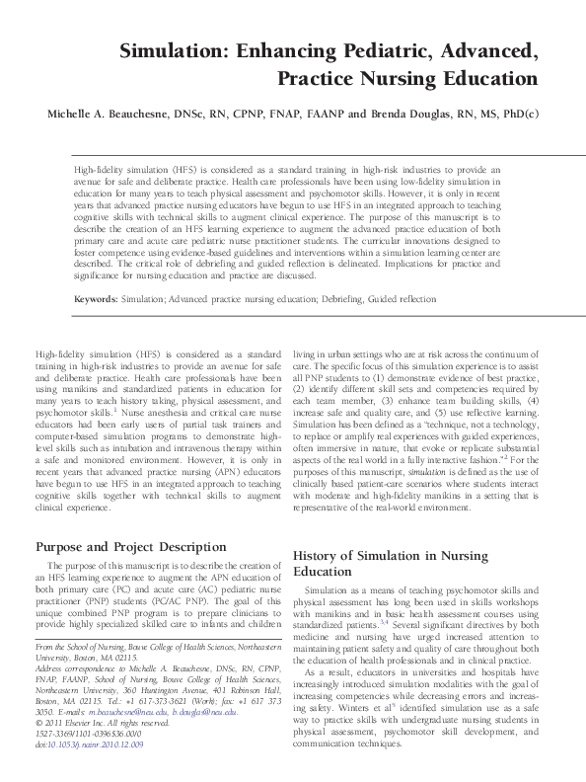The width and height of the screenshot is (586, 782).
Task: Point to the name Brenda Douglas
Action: coord(411,115)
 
